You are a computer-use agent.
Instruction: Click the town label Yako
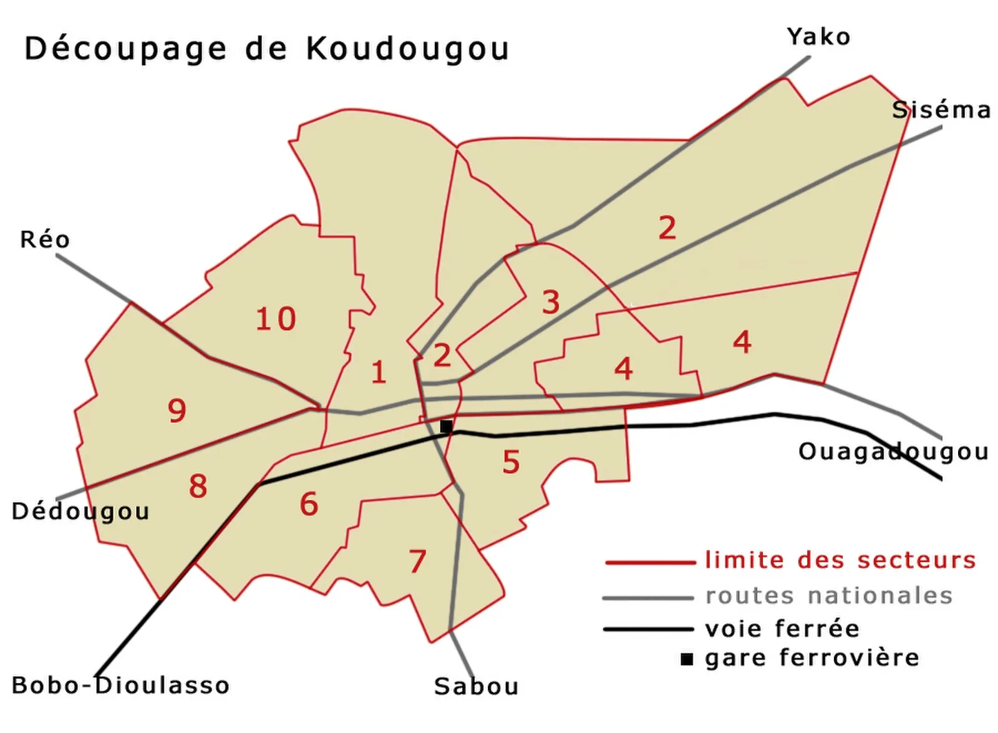click(x=818, y=37)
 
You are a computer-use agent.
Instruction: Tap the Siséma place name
click(x=941, y=110)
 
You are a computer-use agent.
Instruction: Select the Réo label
click(x=45, y=240)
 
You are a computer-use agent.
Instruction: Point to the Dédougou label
click(x=80, y=512)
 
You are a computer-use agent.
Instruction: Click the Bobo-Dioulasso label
click(x=120, y=686)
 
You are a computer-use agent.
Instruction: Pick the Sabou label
click(x=476, y=686)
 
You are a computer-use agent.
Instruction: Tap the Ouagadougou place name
click(x=893, y=452)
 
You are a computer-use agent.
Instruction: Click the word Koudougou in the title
click(x=407, y=49)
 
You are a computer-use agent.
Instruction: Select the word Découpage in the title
click(x=125, y=49)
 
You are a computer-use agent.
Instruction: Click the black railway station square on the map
click(x=446, y=427)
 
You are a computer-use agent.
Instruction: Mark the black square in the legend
click(x=687, y=659)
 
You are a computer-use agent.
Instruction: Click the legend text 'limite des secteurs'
click(x=840, y=560)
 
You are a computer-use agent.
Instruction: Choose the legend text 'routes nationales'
click(x=829, y=596)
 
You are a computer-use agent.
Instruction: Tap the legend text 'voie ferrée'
click(x=782, y=628)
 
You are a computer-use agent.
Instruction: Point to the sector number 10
click(x=276, y=319)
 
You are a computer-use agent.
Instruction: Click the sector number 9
click(x=177, y=410)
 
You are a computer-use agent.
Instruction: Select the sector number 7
click(x=417, y=561)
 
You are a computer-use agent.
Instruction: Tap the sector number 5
click(x=511, y=462)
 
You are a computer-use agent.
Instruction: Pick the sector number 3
click(x=551, y=303)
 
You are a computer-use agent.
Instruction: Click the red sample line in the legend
click(x=649, y=563)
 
